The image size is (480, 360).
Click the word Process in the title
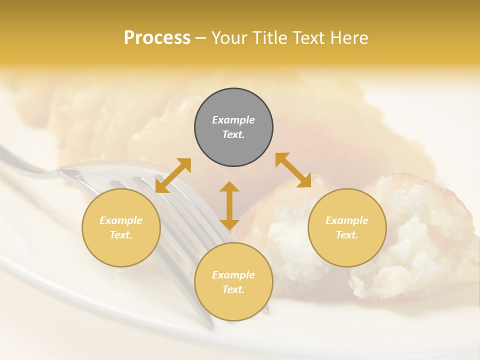point(157,38)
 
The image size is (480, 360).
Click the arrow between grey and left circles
point(173,175)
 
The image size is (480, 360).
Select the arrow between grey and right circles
point(293,170)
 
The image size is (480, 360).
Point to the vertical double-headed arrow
point(229,205)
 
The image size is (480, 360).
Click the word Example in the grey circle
point(233,120)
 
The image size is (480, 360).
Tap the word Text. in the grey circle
point(233,134)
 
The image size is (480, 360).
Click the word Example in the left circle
point(121,220)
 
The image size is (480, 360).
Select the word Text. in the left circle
point(121,235)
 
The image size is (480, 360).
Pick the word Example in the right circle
point(347,220)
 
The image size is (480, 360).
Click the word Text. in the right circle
point(347,235)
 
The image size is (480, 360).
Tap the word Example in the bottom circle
point(233,275)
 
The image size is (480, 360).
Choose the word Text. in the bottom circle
point(233,289)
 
